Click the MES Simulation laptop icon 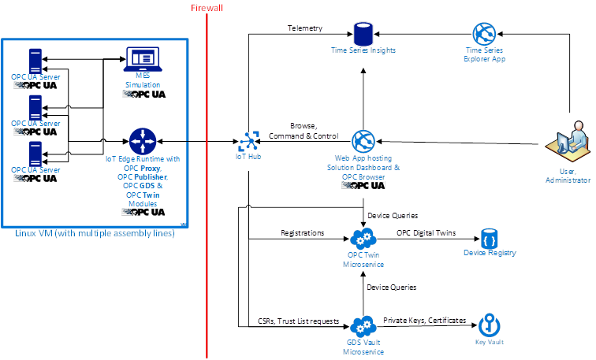tap(142, 59)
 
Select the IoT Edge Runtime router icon tap(142, 142)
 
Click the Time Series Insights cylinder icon tap(363, 34)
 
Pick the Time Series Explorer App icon tap(483, 34)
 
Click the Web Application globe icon tap(363, 143)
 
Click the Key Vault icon tap(490, 326)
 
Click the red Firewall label tap(206, 7)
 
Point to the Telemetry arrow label tap(305, 28)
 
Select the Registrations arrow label tap(303, 233)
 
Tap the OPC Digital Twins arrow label tap(426, 233)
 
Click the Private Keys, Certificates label tap(425, 321)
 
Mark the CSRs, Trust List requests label tap(299, 321)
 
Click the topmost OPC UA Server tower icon tap(35, 61)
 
